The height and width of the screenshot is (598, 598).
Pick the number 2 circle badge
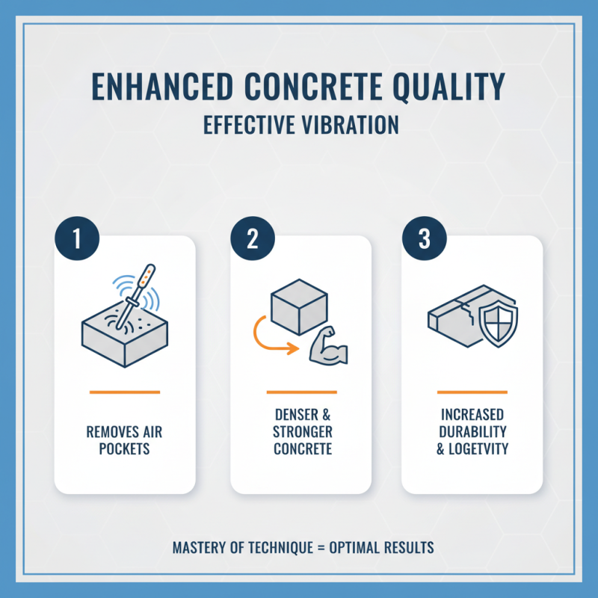pos(251,239)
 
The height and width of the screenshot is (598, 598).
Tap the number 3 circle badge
pos(424,239)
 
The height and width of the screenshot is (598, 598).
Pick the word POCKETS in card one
pos(124,449)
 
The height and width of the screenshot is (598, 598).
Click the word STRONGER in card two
pos(303,432)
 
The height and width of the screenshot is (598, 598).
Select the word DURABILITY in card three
pos(472,432)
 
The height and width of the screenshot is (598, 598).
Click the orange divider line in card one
pos(124,392)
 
